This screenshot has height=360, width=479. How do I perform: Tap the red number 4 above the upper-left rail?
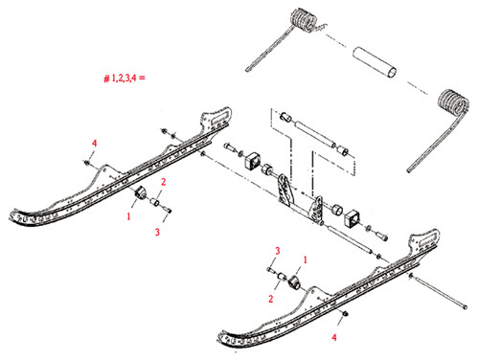pos(94,143)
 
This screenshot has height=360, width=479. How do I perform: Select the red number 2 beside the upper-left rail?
pos(164,181)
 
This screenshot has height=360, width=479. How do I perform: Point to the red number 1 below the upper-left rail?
pos(126,217)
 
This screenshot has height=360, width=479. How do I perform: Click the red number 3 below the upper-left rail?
pos(157,232)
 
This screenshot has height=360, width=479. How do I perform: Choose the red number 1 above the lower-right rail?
pos(306,259)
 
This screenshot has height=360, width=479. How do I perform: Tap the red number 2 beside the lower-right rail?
pos(271,299)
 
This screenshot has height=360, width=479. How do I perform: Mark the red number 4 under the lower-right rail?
pos(334,337)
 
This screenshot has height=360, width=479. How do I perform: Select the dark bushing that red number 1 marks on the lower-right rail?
pos(293,284)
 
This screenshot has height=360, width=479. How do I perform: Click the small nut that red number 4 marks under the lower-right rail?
pos(344,315)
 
